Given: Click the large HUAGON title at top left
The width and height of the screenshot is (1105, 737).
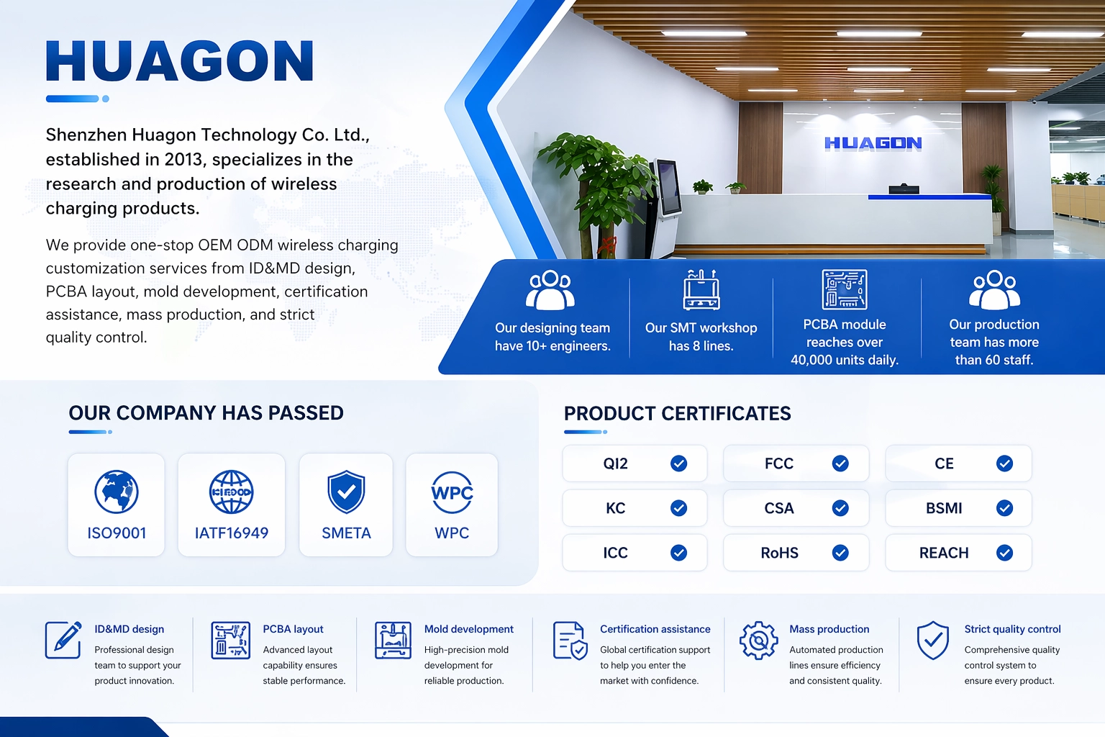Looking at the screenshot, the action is (x=180, y=60).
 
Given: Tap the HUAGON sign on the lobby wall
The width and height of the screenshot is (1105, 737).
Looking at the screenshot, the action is (x=873, y=143).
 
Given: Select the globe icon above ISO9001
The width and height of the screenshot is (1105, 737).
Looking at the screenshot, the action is (x=117, y=492).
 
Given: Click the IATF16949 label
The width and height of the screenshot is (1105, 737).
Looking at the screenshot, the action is (x=232, y=533).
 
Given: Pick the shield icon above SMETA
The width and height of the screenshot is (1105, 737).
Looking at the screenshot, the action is (x=346, y=492).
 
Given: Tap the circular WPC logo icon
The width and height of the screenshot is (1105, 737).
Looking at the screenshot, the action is (x=452, y=492).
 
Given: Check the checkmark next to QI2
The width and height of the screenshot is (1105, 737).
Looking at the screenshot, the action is (x=679, y=464).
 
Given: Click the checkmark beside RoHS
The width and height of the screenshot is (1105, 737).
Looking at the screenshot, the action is (x=840, y=553).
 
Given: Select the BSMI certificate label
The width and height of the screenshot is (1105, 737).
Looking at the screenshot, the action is (x=944, y=508).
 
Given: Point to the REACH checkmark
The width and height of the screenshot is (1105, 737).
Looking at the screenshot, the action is (x=1004, y=553).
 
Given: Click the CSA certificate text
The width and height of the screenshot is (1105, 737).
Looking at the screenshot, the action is (x=779, y=508).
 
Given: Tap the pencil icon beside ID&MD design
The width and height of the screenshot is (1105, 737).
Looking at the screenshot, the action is (x=63, y=640).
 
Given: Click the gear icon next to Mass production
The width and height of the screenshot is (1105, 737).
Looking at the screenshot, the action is (x=759, y=641).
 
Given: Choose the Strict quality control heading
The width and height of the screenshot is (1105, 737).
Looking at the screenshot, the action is (x=1012, y=629).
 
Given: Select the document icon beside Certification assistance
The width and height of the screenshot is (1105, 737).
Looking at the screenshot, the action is (x=570, y=641).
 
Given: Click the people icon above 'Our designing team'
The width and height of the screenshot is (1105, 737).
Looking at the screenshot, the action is (x=550, y=290).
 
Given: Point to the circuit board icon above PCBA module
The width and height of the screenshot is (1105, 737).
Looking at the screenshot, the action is (x=845, y=289).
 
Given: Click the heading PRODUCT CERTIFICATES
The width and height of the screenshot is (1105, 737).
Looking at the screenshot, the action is (x=677, y=414).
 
